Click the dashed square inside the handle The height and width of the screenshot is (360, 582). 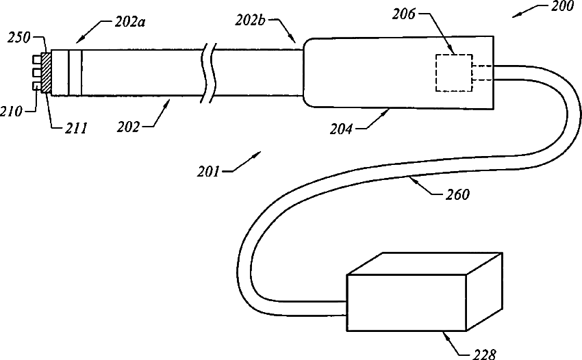[x=453, y=73]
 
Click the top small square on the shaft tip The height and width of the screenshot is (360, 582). [x=36, y=57]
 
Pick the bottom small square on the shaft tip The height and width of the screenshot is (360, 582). [x=36, y=86]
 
